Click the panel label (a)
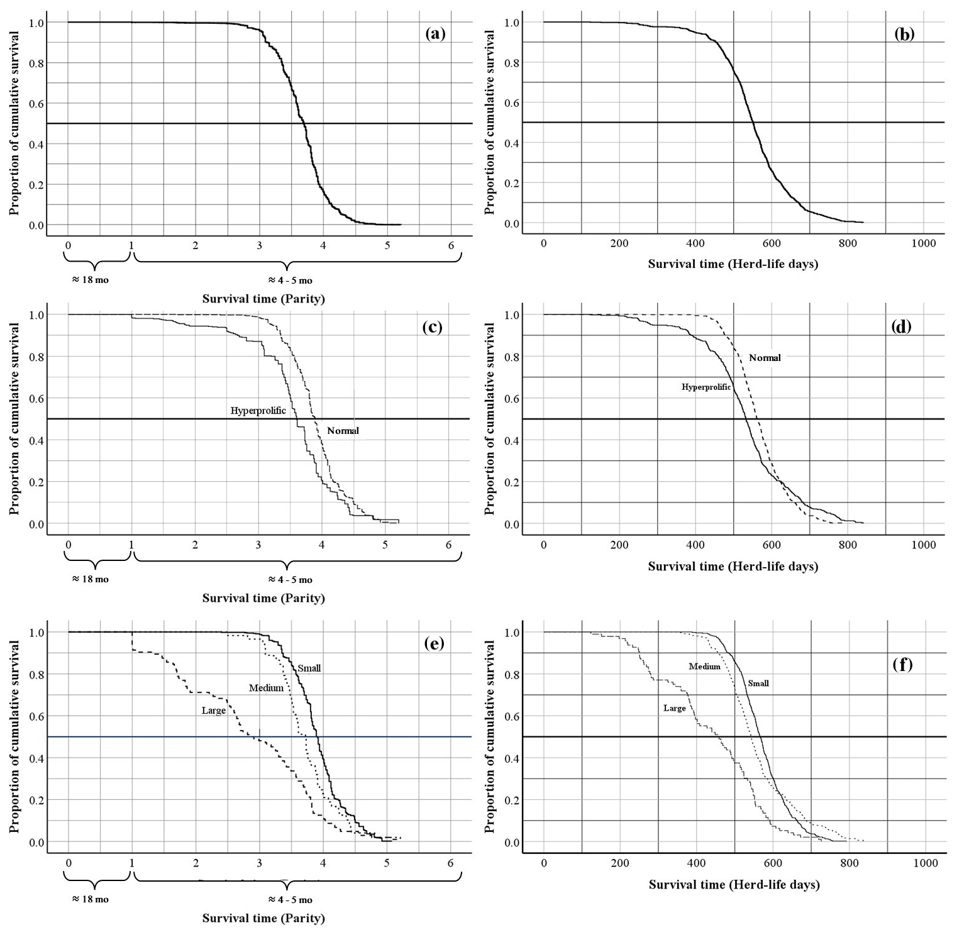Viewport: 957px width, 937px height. [x=435, y=34]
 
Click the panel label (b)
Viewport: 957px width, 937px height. [x=904, y=34]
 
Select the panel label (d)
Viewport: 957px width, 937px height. [x=901, y=326]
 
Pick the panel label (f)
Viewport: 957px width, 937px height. [x=902, y=664]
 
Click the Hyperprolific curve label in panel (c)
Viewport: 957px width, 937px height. [x=258, y=411]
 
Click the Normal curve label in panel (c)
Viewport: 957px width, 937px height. [x=343, y=431]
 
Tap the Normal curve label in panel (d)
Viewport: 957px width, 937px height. [x=765, y=358]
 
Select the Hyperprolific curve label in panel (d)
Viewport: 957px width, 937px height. [x=706, y=387]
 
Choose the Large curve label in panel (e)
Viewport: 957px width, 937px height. [x=213, y=711]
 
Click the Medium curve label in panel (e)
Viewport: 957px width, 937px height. [x=266, y=688]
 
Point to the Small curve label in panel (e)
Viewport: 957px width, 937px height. [x=309, y=668]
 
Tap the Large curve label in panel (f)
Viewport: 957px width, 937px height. [x=674, y=708]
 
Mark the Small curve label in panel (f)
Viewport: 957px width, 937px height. [x=758, y=684]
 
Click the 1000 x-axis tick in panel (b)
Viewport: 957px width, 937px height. [x=923, y=243]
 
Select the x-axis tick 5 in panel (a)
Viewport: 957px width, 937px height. [x=387, y=245]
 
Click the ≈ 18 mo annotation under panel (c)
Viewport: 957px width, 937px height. [x=91, y=579]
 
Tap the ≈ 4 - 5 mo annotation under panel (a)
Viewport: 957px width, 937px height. [x=290, y=280]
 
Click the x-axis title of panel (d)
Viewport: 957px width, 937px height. [x=733, y=567]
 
